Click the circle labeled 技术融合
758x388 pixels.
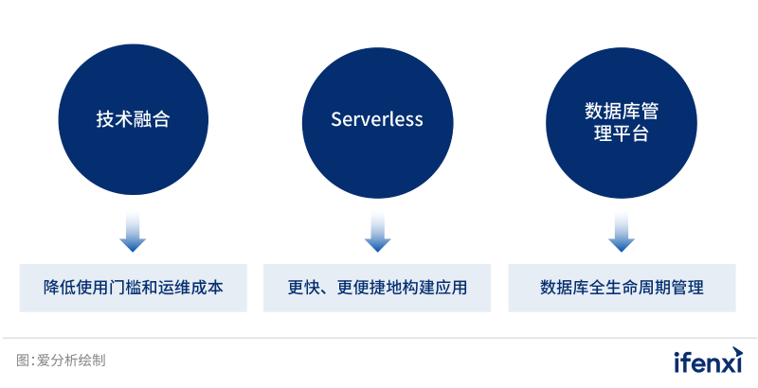(x=133, y=119)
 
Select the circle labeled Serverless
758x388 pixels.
(x=377, y=119)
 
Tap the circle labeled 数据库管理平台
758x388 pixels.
(x=621, y=119)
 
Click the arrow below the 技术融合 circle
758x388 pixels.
(x=133, y=234)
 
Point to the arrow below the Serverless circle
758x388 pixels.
(x=377, y=234)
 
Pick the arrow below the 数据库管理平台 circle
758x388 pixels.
(x=621, y=234)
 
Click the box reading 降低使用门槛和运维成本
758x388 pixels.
(x=133, y=288)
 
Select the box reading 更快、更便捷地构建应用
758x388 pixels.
(x=377, y=288)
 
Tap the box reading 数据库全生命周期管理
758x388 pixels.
(x=622, y=288)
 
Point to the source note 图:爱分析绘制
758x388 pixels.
(x=61, y=361)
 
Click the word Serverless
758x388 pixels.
(x=377, y=120)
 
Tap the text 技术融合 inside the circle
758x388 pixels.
(x=133, y=120)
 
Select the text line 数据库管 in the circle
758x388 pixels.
(x=621, y=111)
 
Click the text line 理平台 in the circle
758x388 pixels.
(x=621, y=133)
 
